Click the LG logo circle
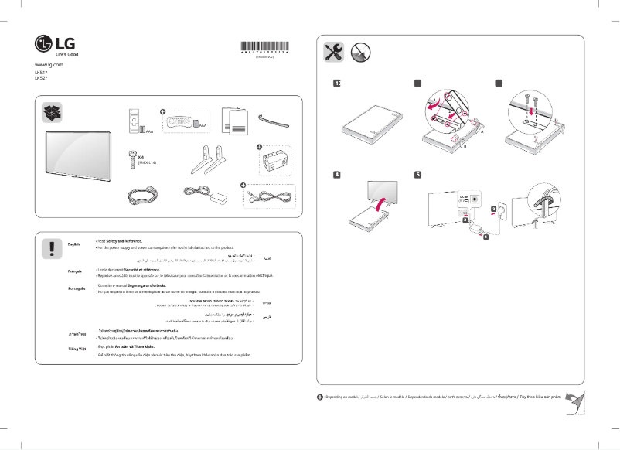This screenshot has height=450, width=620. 43,44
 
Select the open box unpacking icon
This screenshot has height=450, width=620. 52,114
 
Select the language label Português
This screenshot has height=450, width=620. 77,288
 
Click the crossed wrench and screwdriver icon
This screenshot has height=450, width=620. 334,52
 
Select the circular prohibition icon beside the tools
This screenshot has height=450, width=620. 359,52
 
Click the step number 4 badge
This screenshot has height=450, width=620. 336,175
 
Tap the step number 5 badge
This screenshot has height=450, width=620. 417,175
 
